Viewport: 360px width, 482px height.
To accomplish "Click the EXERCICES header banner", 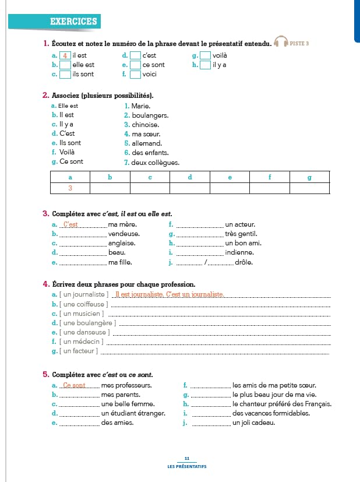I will pos(73,22).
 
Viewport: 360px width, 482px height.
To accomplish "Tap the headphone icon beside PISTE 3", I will pos(281,43).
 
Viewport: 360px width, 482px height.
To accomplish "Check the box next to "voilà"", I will pos(205,56).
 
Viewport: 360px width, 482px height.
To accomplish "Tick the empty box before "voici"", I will pos(135,75).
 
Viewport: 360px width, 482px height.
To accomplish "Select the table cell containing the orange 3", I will pos(70,188).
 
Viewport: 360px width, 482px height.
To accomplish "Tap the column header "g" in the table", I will pos(309,177).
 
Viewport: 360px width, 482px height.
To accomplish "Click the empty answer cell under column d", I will pos(190,188).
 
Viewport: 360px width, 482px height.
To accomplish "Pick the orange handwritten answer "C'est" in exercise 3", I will pos(70,224).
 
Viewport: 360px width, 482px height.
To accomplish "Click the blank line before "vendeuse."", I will pos(83,234).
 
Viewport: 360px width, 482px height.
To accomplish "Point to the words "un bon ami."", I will pos(243,243).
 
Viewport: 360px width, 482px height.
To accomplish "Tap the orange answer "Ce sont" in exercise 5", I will pos(75,385).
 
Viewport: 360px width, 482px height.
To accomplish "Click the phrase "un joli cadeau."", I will pos(253,423).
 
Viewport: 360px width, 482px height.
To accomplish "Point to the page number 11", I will pos(186,459).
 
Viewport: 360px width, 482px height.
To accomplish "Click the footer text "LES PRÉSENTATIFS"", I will pos(186,466).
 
